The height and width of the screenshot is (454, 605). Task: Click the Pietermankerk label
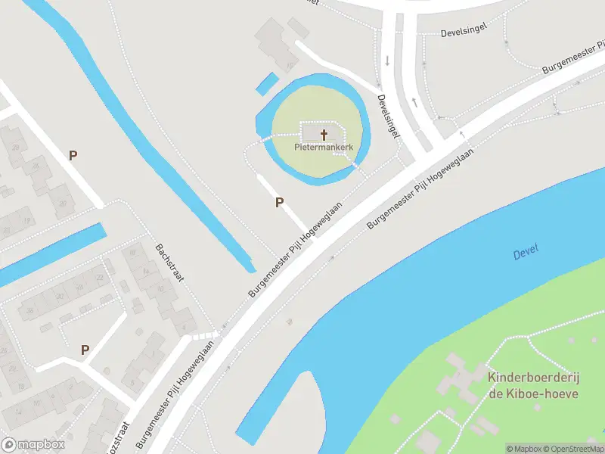click(324, 148)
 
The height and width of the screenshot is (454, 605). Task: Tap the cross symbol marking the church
click(324, 135)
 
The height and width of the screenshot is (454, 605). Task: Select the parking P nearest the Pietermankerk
click(279, 202)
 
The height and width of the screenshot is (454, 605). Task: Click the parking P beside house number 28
click(73, 156)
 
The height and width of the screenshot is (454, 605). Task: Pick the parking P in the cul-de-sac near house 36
click(85, 350)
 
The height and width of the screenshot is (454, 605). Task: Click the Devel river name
click(526, 254)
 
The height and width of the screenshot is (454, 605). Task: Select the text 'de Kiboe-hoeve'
click(533, 393)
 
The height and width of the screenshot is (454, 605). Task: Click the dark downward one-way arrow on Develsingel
click(387, 61)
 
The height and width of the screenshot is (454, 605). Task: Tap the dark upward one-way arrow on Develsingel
click(414, 101)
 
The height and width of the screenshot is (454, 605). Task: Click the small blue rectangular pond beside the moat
click(266, 83)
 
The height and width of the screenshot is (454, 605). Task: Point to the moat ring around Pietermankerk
click(361, 113)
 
